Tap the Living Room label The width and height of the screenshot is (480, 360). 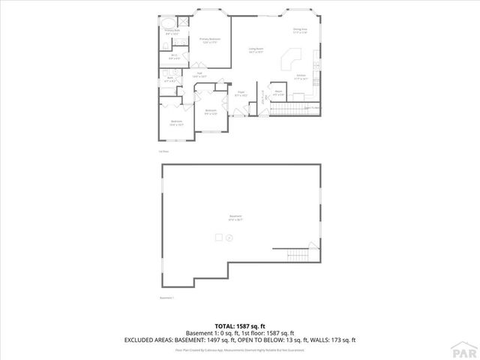(256, 50)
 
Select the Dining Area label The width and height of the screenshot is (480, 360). (301, 31)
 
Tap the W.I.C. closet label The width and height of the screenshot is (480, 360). (173, 57)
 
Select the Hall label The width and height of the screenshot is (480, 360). (199, 75)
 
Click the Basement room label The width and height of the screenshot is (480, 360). (235, 218)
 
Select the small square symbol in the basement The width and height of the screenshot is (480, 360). (220, 237)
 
